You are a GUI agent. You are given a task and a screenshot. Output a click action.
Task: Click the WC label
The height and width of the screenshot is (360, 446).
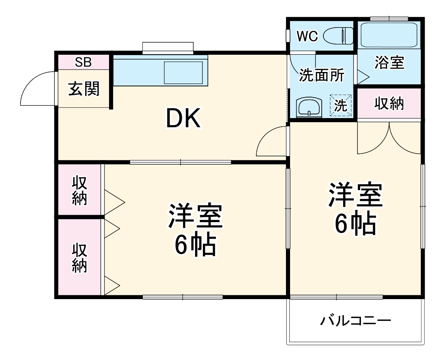[307, 37]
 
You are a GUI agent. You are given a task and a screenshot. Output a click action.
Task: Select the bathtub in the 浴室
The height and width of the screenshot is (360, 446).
[389, 35]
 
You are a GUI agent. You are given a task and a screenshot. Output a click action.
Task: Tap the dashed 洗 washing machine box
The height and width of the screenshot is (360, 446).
[341, 106]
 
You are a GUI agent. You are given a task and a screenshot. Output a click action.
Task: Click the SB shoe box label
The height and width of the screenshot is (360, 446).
[83, 62]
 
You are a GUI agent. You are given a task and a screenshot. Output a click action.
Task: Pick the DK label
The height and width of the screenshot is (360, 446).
[183, 119]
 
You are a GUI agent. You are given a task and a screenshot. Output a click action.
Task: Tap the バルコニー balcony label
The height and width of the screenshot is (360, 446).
[355, 320]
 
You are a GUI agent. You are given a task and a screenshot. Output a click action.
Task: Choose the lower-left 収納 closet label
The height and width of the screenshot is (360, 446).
[79, 258]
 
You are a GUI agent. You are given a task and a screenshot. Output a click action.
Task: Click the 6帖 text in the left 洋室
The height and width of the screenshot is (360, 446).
[195, 246]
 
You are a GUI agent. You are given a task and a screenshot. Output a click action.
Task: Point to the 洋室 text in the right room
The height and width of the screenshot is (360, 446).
[355, 196]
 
